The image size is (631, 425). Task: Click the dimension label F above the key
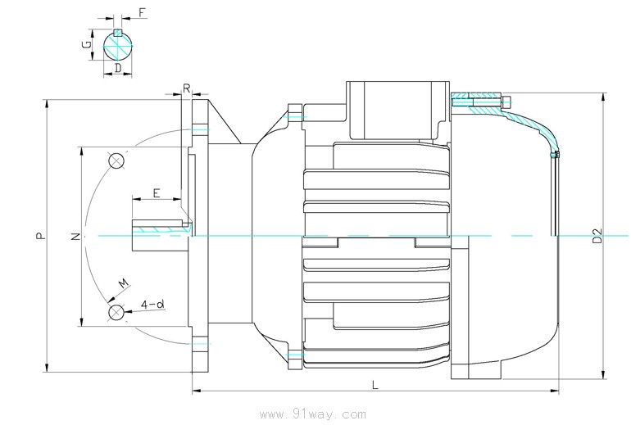[x=142, y=13]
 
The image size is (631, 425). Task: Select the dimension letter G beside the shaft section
[x=87, y=44]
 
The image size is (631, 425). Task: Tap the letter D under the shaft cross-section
[x=118, y=68]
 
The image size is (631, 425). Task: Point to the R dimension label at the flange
[x=187, y=88]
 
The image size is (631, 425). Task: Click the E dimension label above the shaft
[x=157, y=193]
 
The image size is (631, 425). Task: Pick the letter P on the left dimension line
[x=40, y=236]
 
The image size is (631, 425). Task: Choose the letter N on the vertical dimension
[x=75, y=237]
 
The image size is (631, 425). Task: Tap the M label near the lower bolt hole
[x=125, y=283]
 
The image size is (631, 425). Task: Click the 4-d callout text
[x=152, y=305]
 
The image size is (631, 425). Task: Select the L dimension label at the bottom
[x=375, y=385]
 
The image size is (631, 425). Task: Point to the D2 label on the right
[x=598, y=236]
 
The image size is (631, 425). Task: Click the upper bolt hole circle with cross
[x=116, y=161]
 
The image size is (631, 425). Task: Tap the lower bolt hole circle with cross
[x=116, y=312]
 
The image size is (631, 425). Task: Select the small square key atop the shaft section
[x=117, y=32]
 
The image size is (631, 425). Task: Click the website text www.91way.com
[x=313, y=414]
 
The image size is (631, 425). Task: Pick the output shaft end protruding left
[x=161, y=235]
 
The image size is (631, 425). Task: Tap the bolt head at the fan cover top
[x=506, y=100]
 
